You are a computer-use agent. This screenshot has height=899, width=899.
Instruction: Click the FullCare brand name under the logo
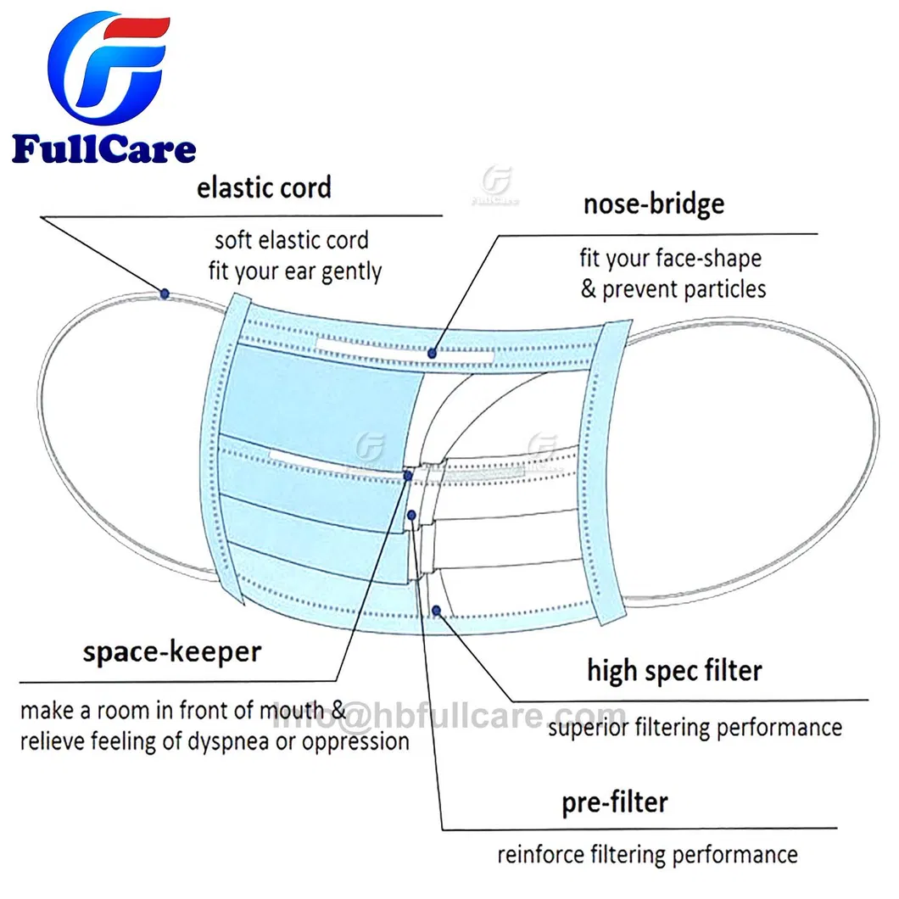[x=103, y=150]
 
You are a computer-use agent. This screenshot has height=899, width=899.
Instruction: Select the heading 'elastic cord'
[x=264, y=187]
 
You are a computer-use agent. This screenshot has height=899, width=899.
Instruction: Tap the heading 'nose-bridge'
[x=653, y=204]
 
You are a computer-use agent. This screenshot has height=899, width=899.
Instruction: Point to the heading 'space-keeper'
[x=172, y=652]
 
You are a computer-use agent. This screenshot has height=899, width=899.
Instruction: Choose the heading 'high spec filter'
[x=674, y=670]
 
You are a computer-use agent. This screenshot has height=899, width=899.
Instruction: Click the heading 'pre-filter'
[x=615, y=801]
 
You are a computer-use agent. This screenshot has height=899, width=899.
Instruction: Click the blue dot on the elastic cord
[x=165, y=293]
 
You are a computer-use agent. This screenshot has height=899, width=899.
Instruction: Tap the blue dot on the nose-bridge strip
[x=433, y=353]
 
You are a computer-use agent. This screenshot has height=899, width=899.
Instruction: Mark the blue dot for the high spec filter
[x=436, y=611]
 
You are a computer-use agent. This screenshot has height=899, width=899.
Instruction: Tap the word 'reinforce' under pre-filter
[x=535, y=854]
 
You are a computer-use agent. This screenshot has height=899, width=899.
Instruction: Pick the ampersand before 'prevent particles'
[x=588, y=289]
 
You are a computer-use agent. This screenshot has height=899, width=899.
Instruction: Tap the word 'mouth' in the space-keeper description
[x=291, y=710]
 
